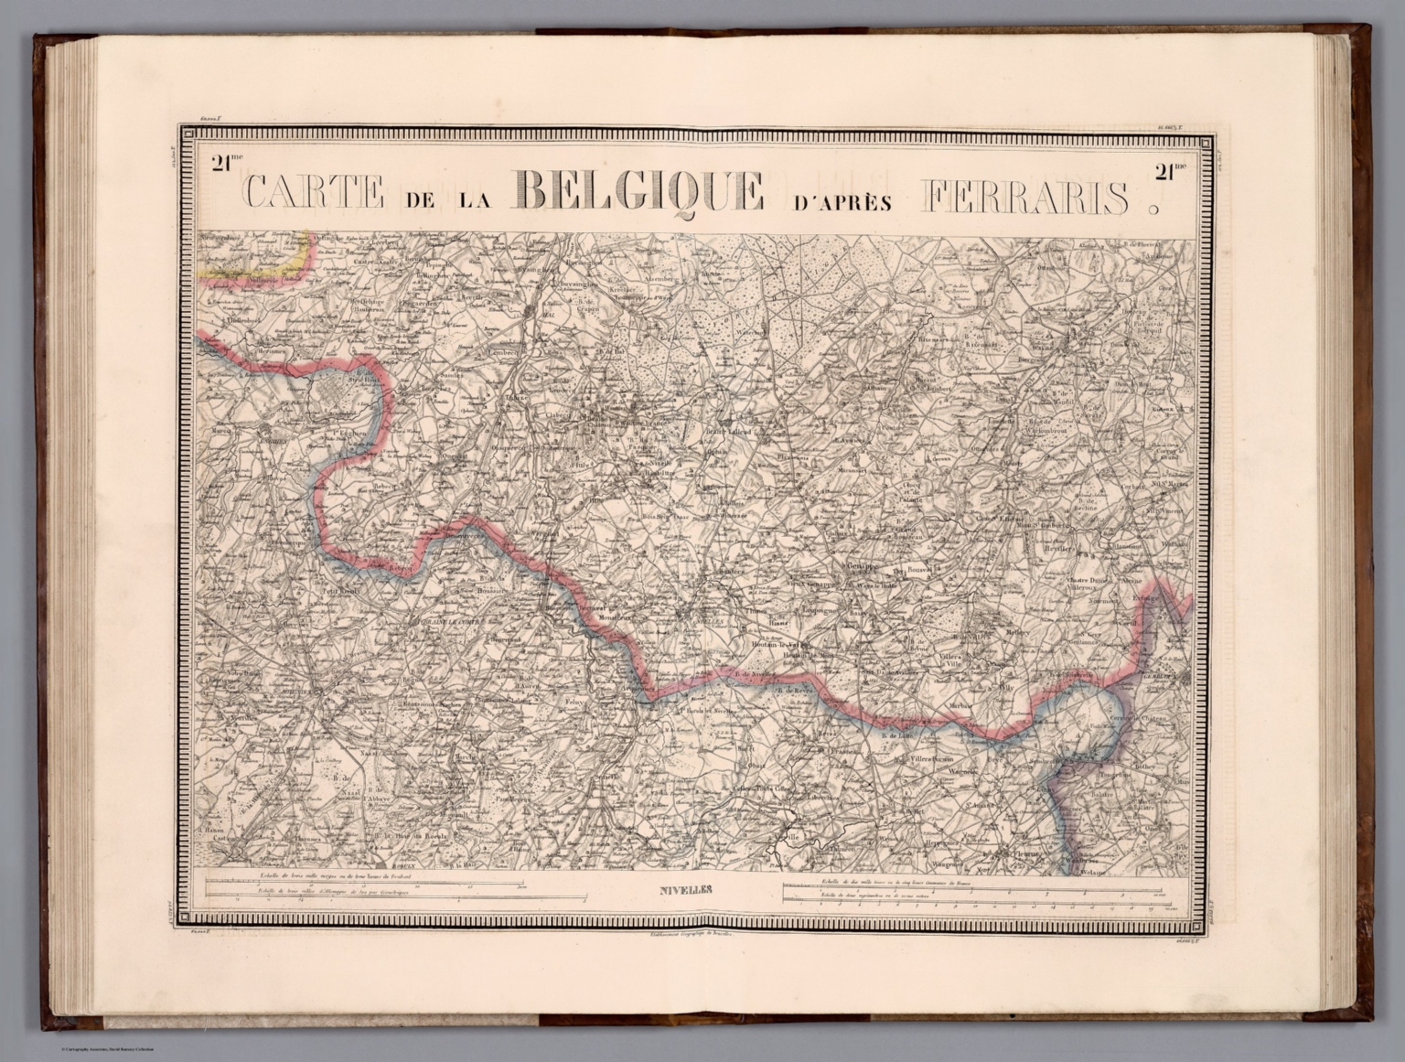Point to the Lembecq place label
[x=504, y=351]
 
